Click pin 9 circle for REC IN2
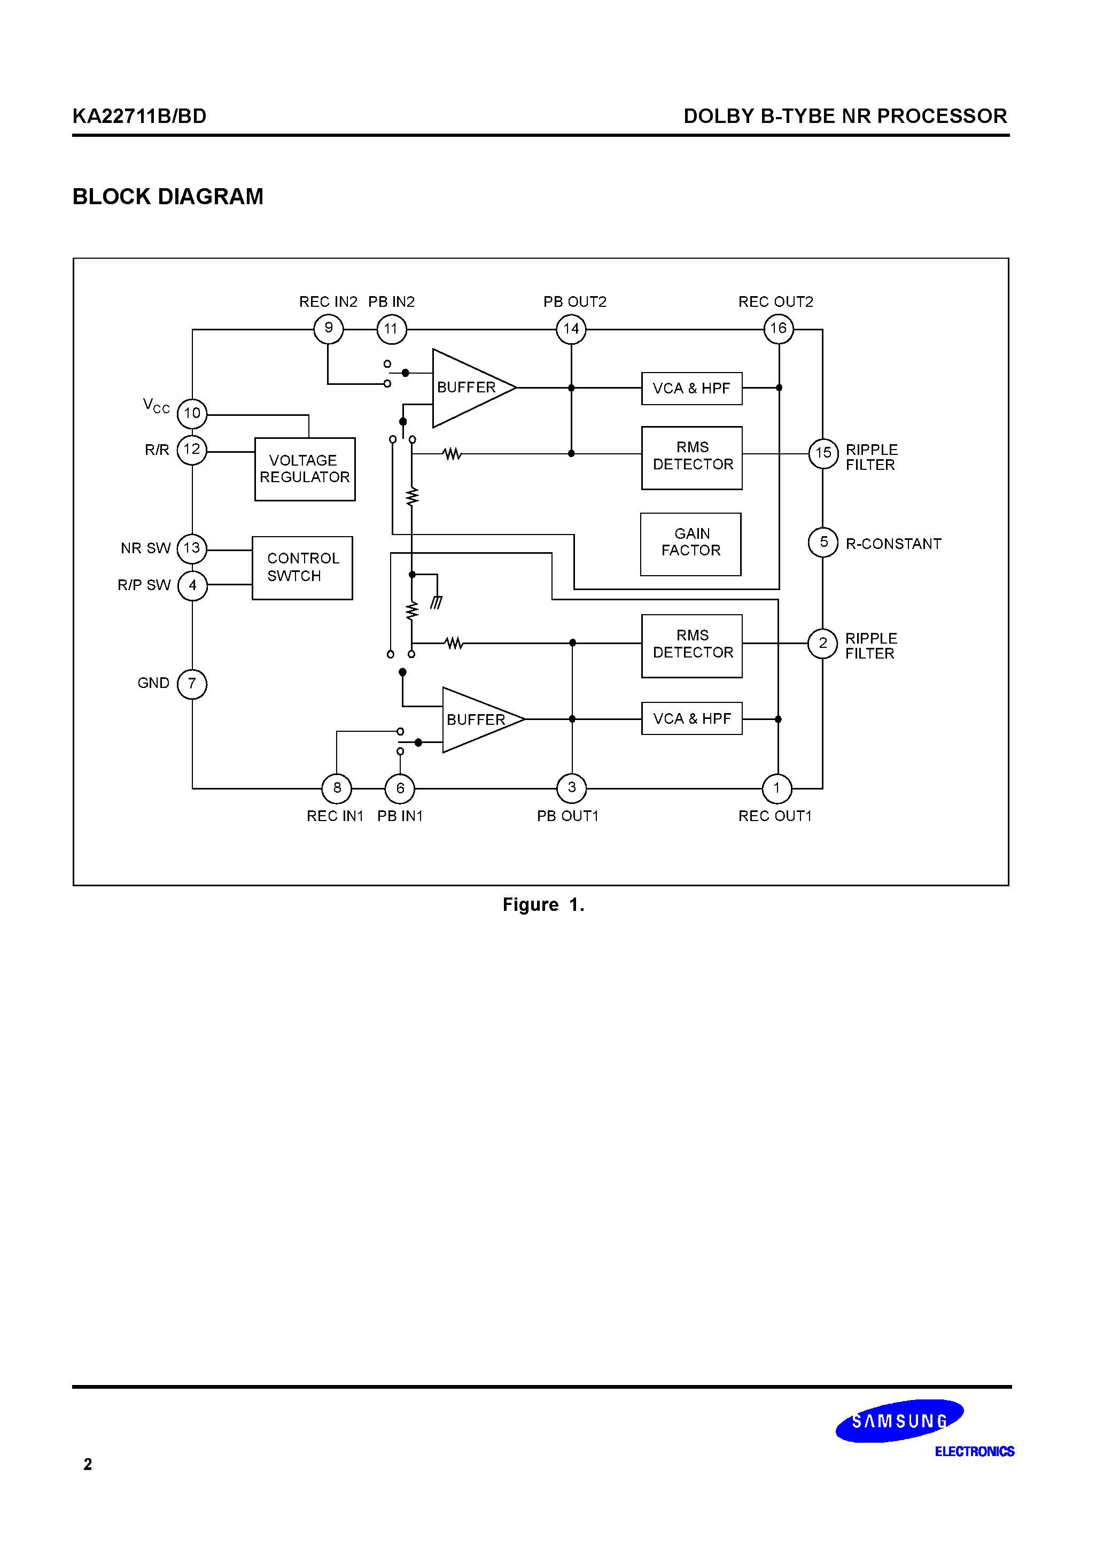tap(329, 329)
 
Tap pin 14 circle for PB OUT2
tap(571, 329)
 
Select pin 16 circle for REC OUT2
tap(779, 329)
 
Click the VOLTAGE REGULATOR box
tap(305, 469)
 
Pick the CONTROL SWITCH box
tap(302, 568)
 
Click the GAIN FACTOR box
tap(691, 544)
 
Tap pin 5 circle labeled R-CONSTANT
tap(823, 543)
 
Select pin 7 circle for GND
tap(192, 684)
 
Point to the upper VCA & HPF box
tap(691, 389)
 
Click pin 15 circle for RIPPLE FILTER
tap(823, 453)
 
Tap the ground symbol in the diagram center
tap(436, 602)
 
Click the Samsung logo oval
tap(899, 1420)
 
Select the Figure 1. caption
tap(543, 905)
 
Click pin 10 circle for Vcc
tap(192, 413)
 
